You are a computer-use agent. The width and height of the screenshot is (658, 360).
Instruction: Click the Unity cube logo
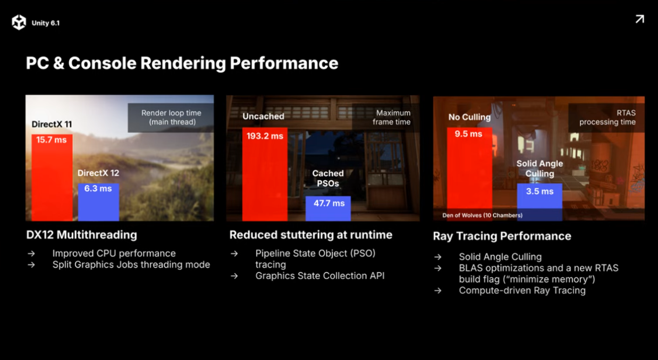(x=19, y=22)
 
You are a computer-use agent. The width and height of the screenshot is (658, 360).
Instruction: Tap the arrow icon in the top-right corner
(x=640, y=19)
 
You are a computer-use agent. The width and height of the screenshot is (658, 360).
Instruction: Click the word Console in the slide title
(x=102, y=63)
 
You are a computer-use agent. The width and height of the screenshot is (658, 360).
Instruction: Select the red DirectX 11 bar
(x=52, y=178)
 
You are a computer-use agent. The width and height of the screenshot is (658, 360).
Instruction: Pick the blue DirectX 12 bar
(x=98, y=202)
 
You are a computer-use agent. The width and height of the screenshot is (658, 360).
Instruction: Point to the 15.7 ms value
(x=52, y=140)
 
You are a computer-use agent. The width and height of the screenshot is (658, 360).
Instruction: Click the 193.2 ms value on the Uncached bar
(x=265, y=136)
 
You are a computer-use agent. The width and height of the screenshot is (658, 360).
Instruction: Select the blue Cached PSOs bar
(x=328, y=208)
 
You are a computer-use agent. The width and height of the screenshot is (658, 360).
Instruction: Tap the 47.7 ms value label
(x=329, y=203)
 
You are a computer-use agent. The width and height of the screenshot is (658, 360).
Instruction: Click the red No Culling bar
(x=469, y=174)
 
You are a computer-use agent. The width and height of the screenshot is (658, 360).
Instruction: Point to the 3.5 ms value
(x=539, y=191)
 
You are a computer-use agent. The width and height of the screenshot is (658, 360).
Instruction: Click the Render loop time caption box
(x=171, y=118)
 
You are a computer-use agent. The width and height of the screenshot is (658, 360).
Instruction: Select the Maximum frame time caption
(x=392, y=118)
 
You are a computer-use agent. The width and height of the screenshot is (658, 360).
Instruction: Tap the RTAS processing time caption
(x=607, y=118)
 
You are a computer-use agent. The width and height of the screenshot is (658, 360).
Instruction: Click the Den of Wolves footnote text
(x=482, y=215)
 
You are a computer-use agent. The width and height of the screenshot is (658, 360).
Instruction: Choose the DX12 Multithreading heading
(x=82, y=235)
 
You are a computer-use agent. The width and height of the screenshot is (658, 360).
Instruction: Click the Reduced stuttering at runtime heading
(x=311, y=235)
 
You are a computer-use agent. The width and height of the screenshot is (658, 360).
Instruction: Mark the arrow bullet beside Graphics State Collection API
(x=234, y=276)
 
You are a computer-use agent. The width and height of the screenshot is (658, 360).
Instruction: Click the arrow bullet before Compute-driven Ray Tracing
(x=437, y=291)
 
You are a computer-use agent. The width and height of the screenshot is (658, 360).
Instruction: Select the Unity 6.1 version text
(x=46, y=23)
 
